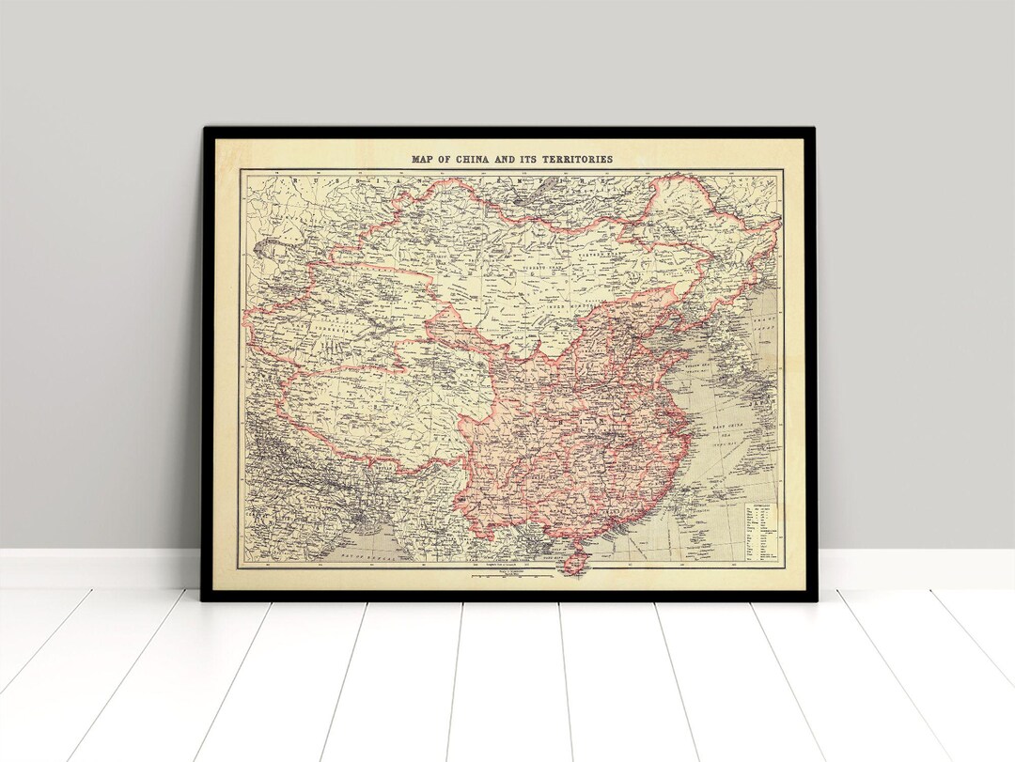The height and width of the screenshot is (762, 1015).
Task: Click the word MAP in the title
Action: [x=422, y=159]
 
